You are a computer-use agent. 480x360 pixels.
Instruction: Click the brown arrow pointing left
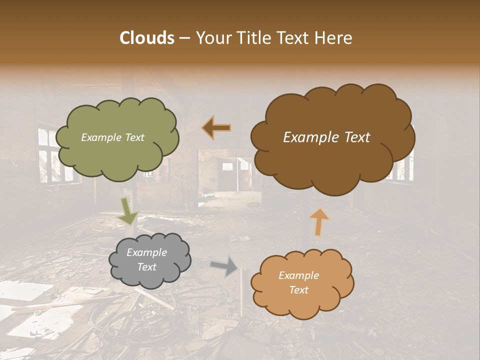(216, 128)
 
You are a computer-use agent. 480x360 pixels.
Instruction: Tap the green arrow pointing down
(127, 210)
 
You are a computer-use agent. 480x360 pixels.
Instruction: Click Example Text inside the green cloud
(112, 137)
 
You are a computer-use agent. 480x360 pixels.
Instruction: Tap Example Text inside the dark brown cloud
(326, 137)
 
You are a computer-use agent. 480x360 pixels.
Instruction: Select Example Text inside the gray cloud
(146, 259)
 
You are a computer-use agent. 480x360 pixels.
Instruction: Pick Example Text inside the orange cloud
(298, 282)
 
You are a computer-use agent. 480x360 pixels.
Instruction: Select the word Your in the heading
(210, 38)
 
